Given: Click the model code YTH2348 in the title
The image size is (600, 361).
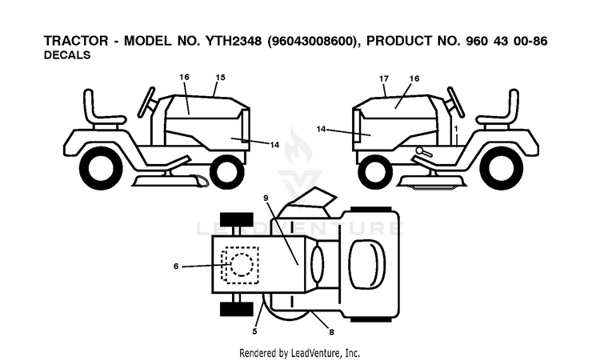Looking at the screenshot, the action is [234, 41].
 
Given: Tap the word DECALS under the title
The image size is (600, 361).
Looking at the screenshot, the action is [67, 55].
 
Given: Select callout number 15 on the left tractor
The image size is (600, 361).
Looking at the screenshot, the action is [221, 78].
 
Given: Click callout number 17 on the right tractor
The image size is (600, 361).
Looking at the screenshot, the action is [384, 78].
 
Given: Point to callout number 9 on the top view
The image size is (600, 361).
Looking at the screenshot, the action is [266, 198].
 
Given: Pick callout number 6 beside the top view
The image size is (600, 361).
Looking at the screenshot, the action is [176, 266].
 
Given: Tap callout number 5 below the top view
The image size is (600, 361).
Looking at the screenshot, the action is [255, 331].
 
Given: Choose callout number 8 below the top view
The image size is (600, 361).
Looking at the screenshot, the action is [331, 332].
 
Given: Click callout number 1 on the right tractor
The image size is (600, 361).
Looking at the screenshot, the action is [456, 129].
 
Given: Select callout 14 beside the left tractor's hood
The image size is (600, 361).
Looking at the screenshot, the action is [274, 145].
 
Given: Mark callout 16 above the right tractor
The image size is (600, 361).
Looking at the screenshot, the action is [414, 78].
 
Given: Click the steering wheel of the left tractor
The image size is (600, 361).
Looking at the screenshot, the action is [146, 102].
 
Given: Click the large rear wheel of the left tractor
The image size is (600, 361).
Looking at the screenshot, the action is [101, 168].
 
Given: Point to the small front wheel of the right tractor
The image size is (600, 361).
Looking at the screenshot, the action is [374, 170].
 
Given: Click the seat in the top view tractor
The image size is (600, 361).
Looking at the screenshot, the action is [367, 264].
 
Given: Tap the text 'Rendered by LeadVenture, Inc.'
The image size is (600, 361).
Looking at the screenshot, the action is [300, 352].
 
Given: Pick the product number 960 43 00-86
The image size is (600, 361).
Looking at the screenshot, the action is [506, 41].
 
